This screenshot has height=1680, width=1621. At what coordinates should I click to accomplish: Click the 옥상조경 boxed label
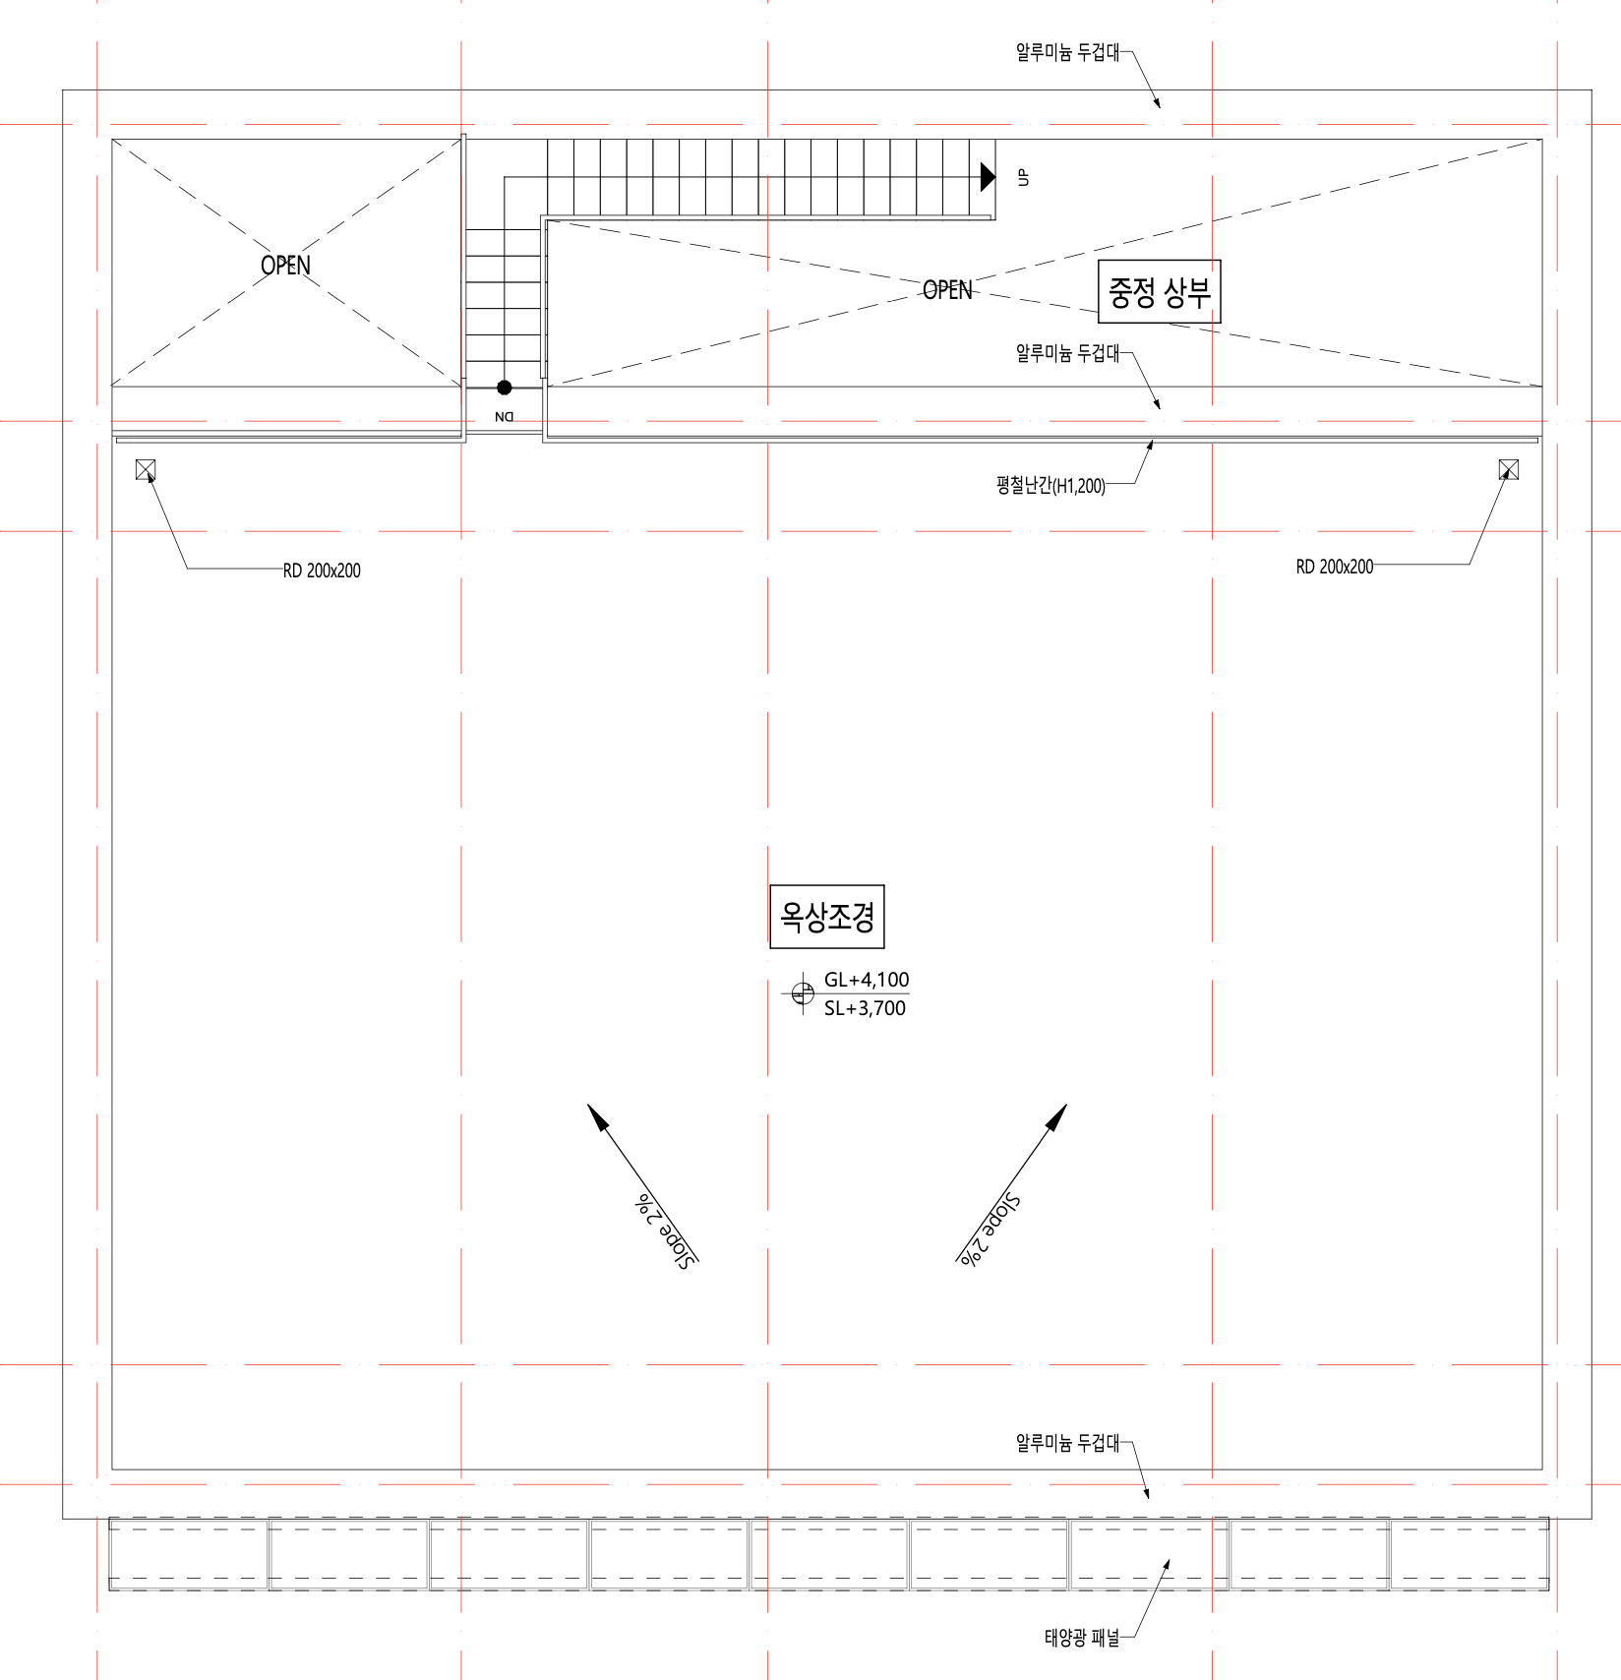point(826,917)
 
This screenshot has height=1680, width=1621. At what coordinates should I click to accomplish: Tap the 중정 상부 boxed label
point(1159,291)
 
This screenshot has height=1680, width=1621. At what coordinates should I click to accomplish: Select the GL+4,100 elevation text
point(867,980)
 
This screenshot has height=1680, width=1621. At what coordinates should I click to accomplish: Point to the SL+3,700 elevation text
point(865,1008)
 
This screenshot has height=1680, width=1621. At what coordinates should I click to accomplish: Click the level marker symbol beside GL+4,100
point(803,993)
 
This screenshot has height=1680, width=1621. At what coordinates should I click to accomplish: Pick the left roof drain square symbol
point(146,470)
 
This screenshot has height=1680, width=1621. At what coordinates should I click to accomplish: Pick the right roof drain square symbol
point(1508,469)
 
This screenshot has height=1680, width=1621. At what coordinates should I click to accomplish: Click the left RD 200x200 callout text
point(322,570)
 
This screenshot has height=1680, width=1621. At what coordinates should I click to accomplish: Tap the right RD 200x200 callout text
point(1334,567)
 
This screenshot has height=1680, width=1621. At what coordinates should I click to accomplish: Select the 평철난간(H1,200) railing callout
point(1051,485)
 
